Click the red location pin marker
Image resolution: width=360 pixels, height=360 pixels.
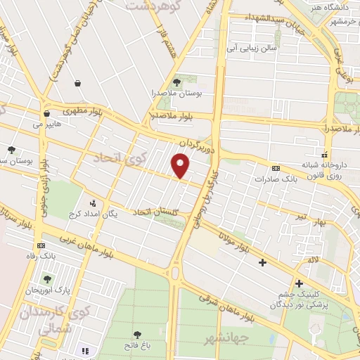(x=182, y=166)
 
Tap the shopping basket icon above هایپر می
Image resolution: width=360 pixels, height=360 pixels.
(x=46, y=112)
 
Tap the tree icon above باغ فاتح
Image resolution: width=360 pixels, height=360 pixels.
(x=138, y=335)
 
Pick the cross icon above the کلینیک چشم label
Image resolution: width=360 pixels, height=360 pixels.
(x=299, y=283)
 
